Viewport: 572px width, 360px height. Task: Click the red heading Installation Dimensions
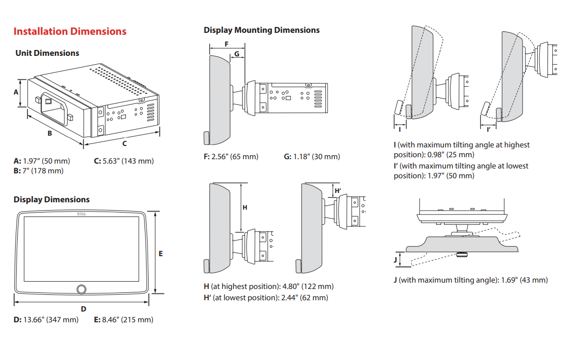point(70,31)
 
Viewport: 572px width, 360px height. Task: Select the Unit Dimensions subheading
point(47,53)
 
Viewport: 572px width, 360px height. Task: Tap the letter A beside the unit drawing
point(16,92)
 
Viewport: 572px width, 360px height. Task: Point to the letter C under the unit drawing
point(124,144)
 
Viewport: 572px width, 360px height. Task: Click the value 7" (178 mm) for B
point(44,170)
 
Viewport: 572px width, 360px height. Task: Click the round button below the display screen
point(81,289)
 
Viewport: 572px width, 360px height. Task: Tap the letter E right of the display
point(161,253)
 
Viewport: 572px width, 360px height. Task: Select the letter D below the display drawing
point(83,309)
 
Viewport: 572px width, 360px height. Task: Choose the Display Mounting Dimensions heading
point(261,30)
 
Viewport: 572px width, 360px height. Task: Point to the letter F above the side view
point(226,44)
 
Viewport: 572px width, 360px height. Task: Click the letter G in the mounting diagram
point(237,53)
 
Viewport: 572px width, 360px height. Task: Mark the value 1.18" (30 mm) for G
point(317,156)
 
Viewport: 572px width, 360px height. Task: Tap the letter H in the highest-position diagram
point(245,207)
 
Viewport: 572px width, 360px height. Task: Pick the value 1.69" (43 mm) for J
point(524,280)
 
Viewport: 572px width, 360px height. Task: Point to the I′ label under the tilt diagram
point(489,129)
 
